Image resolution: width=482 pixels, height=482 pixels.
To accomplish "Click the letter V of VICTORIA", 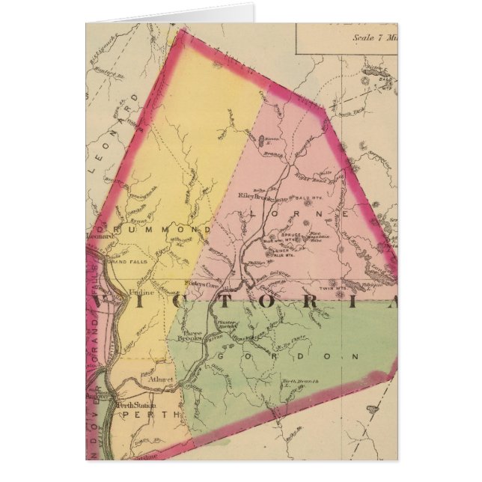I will pos(102,303).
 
